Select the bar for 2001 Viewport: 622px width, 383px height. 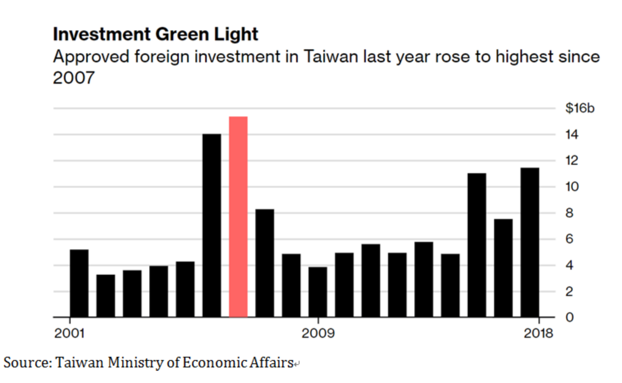click(79, 283)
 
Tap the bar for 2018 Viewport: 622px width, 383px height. click(530, 242)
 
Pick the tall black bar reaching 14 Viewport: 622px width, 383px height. click(212, 226)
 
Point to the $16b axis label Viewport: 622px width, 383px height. click(579, 108)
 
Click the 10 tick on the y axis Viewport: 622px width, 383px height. click(572, 187)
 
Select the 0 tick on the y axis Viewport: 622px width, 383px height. click(569, 317)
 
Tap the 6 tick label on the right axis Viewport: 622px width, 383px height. click(569, 239)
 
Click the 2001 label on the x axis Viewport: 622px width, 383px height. click(69, 333)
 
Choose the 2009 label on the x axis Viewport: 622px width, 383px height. click(318, 333)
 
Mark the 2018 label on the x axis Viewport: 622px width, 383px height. click(538, 333)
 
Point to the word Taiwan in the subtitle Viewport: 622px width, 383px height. click(331, 57)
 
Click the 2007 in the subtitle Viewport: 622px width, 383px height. click(73, 78)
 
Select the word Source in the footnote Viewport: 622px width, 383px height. click(27, 362)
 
